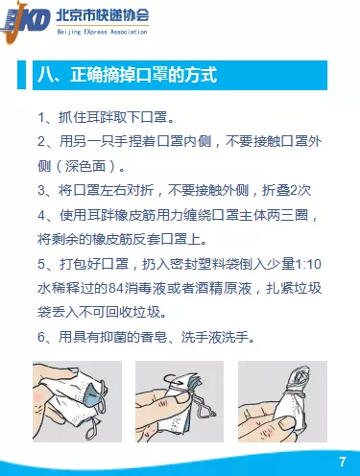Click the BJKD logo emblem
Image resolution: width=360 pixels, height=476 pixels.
(x=25, y=22)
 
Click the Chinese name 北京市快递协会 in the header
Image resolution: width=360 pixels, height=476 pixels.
(x=103, y=15)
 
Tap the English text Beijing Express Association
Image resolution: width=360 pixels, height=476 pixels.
(x=102, y=32)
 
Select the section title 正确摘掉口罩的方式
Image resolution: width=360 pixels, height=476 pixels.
(x=143, y=76)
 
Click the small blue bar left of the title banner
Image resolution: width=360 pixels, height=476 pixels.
(x=21, y=75)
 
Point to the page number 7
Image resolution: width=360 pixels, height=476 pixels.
(x=342, y=462)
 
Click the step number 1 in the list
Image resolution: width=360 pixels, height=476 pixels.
(x=41, y=118)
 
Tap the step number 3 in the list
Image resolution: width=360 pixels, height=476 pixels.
(x=41, y=190)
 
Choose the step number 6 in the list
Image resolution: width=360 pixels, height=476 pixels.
(x=41, y=337)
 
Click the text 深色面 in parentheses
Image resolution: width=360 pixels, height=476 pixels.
(x=85, y=166)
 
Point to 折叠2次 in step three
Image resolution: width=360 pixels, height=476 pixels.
(x=286, y=190)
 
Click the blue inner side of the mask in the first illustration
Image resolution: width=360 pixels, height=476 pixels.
(x=90, y=394)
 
